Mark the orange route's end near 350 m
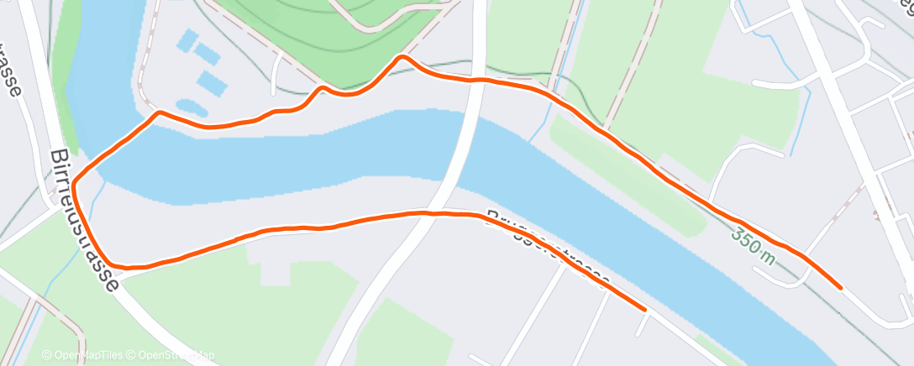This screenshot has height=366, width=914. pyautogui.click(x=840, y=287)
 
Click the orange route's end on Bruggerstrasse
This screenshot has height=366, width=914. pyautogui.click(x=644, y=309)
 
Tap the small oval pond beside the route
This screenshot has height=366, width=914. pyautogui.click(x=192, y=108)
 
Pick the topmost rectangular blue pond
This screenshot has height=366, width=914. pyautogui.click(x=186, y=39)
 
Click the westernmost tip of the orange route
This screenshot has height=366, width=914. pyautogui.click(x=74, y=182)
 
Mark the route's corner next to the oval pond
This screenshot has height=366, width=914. pyautogui.click(x=158, y=112)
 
